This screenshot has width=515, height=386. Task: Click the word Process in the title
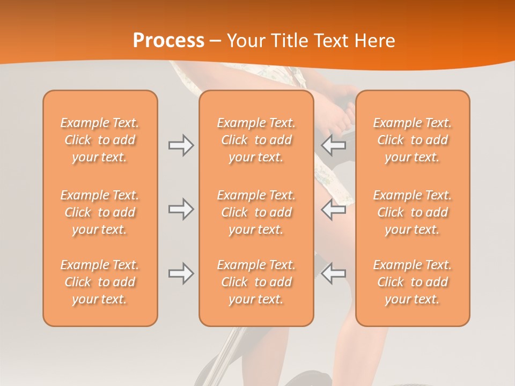pos(168,41)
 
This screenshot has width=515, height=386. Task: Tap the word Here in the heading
pos(376,41)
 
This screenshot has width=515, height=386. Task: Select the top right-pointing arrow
pos(181,145)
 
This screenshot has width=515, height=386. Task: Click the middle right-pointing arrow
pos(181,209)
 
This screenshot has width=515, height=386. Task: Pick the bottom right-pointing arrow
pos(181,273)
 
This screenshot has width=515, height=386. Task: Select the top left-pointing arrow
pos(334,145)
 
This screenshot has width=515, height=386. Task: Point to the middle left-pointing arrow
pos(334,209)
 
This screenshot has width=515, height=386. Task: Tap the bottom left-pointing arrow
pos(334,273)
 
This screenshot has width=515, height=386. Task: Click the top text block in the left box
pos(100,140)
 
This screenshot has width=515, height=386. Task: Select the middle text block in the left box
pos(100,212)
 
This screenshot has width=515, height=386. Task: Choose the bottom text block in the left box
pos(100,282)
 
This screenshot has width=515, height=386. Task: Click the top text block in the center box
pos(256,140)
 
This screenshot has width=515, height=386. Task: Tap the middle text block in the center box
pos(256,212)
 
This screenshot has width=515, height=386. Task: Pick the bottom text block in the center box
pos(256,282)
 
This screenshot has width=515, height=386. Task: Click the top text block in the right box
pos(413,140)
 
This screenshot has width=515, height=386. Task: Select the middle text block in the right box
pos(413,212)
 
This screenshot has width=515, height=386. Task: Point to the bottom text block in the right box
pos(413,282)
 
